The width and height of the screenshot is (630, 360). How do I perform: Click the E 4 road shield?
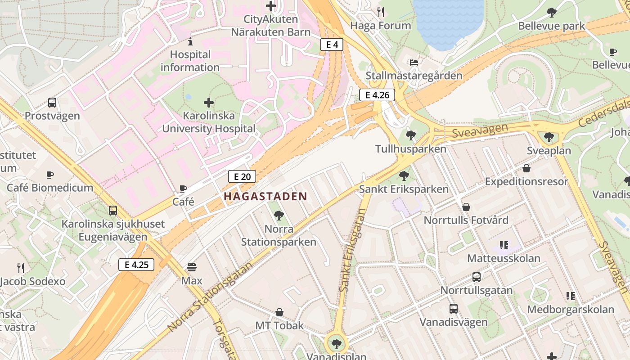pyautogui.click(x=332, y=44)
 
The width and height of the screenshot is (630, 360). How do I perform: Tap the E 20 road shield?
pyautogui.click(x=242, y=176)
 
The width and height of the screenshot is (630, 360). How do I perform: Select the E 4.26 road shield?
pyautogui.click(x=377, y=95)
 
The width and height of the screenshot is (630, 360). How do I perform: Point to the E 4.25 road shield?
pyautogui.click(x=136, y=265)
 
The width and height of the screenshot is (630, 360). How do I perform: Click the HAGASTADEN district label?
pyautogui.click(x=265, y=197)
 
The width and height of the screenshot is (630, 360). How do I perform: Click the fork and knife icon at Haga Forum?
pyautogui.click(x=381, y=12)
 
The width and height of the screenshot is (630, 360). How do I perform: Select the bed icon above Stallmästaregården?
pyautogui.click(x=414, y=62)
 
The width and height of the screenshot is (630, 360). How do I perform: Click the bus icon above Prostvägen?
pyautogui.click(x=52, y=103)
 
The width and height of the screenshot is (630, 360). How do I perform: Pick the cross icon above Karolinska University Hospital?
pyautogui.click(x=209, y=103)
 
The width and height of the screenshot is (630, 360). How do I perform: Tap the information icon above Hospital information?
pyautogui.click(x=190, y=42)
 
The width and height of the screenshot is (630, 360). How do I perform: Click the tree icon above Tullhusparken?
pyautogui.click(x=410, y=135)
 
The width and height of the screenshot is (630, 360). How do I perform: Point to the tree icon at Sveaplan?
pyautogui.click(x=548, y=137)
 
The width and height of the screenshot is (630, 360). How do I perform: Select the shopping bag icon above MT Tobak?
pyautogui.click(x=279, y=312)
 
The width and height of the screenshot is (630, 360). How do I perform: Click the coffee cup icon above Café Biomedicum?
pyautogui.click(x=50, y=175)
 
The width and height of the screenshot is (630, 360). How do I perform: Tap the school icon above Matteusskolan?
pyautogui.click(x=504, y=245)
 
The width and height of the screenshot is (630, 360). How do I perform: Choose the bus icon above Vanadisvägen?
pyautogui.click(x=453, y=309)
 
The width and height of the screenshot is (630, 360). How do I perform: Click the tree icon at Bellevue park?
pyautogui.click(x=551, y=13)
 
